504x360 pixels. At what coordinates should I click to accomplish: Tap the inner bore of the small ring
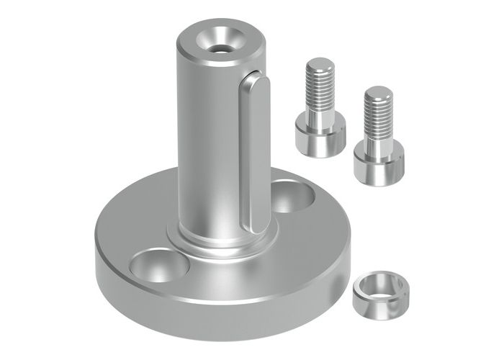coord(380,282)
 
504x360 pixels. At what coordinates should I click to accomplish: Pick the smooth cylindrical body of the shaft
coord(205,144)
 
